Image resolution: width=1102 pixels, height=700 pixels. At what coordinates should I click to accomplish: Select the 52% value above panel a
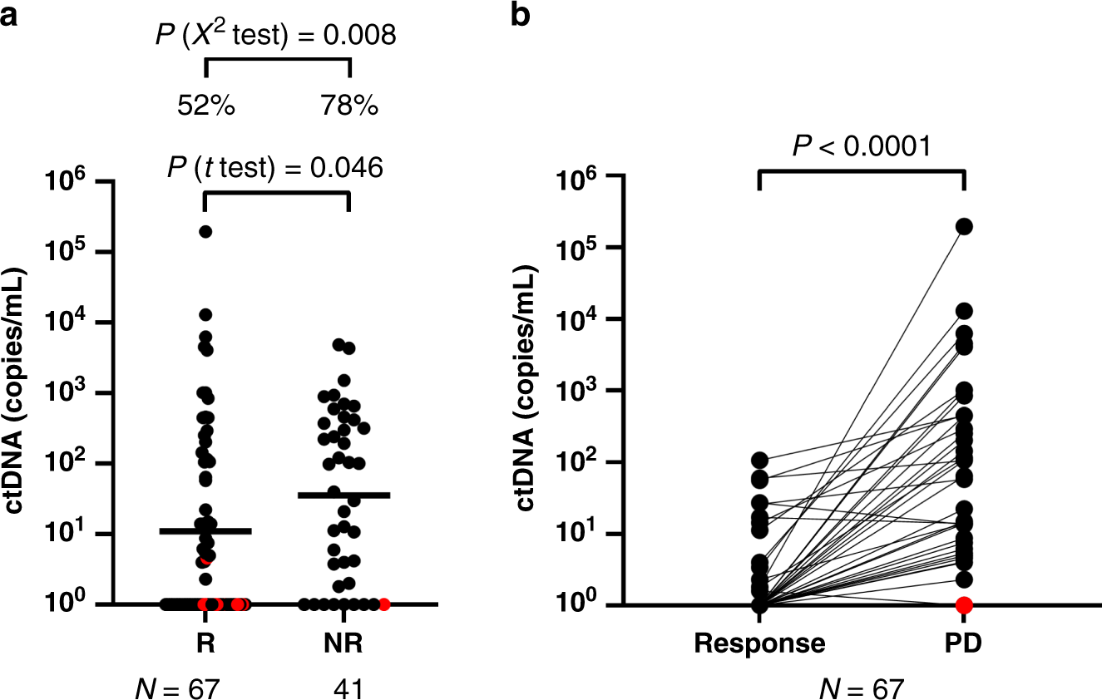click(x=205, y=106)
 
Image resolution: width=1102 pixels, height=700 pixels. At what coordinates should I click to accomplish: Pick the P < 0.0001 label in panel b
click(x=862, y=146)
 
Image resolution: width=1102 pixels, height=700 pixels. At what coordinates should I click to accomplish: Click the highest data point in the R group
click(x=205, y=231)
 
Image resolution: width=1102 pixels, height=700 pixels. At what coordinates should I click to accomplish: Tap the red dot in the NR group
click(x=384, y=604)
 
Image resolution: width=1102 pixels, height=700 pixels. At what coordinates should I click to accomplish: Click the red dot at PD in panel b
click(x=965, y=604)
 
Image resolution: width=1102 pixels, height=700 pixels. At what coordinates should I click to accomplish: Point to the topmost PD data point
click(x=965, y=226)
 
